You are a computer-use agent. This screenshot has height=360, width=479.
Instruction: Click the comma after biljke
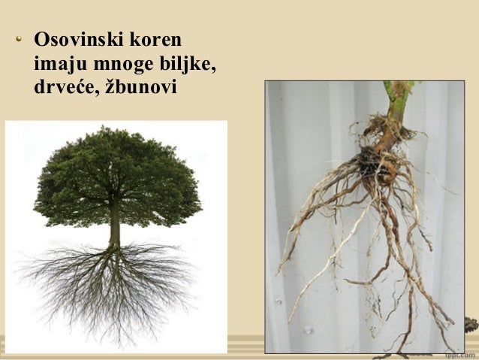pyautogui.click(x=214, y=68)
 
